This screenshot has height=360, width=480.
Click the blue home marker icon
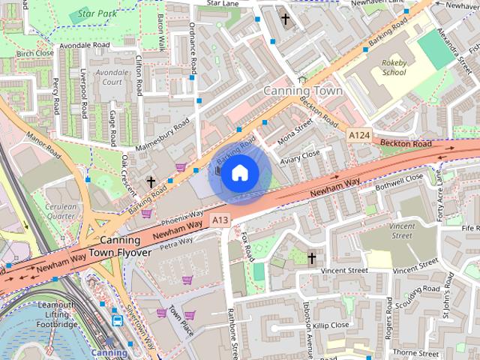pyautogui.click(x=239, y=173)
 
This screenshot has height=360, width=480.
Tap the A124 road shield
pyautogui.click(x=361, y=133)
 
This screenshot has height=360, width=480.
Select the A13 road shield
pyautogui.click(x=219, y=220)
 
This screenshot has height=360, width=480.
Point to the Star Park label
pyautogui.click(x=97, y=13)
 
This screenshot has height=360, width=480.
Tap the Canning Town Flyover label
pyautogui.click(x=120, y=247)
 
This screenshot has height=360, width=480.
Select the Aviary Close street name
pyautogui.click(x=299, y=154)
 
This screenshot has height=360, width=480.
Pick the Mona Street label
pyautogui.click(x=294, y=133)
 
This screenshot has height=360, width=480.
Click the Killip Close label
pyautogui.click(x=330, y=325)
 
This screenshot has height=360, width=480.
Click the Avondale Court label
pyautogui.click(x=112, y=77)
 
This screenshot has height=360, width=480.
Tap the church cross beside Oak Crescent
pyautogui.click(x=151, y=181)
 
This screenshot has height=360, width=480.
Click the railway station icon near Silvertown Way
pyautogui.click(x=118, y=320)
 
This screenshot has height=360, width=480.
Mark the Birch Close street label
pyautogui.click(x=34, y=53)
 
